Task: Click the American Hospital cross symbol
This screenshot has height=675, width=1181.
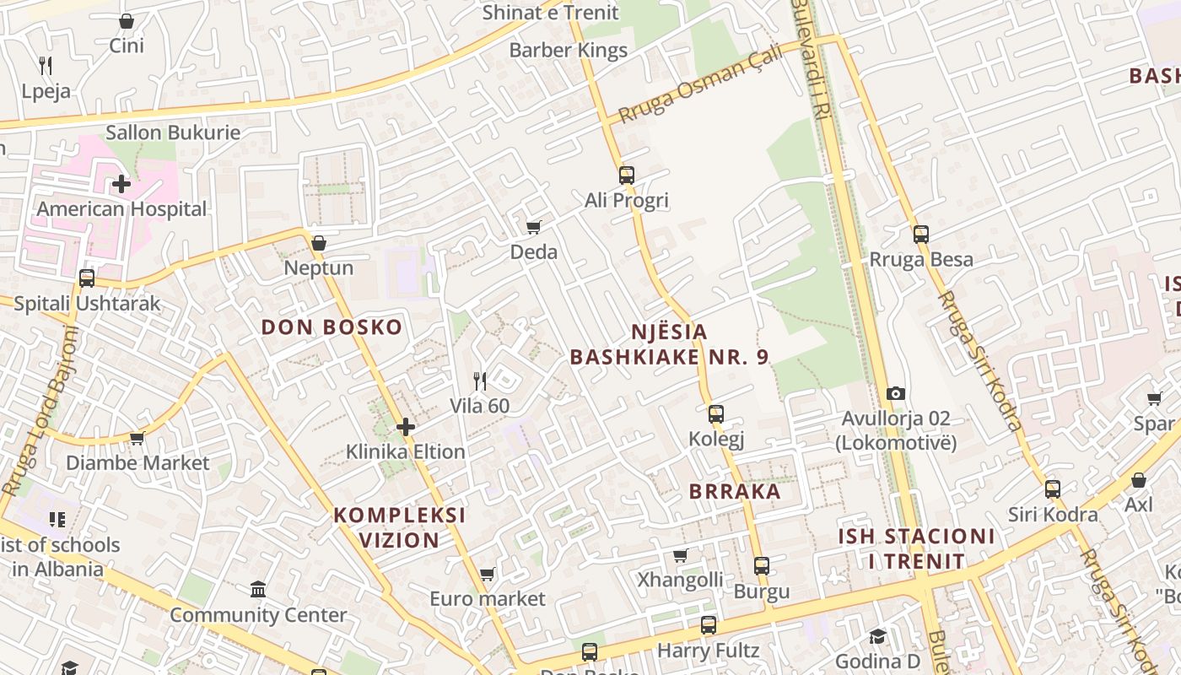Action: click(x=121, y=183)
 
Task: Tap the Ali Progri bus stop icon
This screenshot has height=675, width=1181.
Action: click(x=626, y=175)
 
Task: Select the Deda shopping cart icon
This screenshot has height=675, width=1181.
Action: click(x=533, y=227)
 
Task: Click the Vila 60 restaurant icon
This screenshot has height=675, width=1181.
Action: click(x=480, y=381)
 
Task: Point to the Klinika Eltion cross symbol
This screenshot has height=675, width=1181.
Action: click(x=406, y=427)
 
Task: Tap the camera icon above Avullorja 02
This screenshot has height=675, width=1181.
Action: click(x=896, y=393)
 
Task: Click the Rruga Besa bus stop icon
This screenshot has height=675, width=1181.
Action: click(x=920, y=235)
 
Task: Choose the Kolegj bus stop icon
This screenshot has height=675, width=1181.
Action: click(x=716, y=414)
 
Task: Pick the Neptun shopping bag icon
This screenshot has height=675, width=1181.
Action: click(x=318, y=244)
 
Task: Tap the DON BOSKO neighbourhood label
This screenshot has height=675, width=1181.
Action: click(x=332, y=327)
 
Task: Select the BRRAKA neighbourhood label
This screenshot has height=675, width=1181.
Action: click(x=735, y=492)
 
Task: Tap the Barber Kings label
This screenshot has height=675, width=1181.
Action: click(x=569, y=51)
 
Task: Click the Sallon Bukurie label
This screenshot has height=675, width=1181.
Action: click(x=173, y=132)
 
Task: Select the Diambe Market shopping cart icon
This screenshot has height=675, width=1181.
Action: click(x=137, y=439)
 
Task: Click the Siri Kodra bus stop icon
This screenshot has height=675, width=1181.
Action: click(x=1052, y=489)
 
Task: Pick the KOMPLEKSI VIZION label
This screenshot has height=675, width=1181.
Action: click(x=399, y=527)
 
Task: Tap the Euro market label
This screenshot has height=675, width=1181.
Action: click(x=488, y=599)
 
